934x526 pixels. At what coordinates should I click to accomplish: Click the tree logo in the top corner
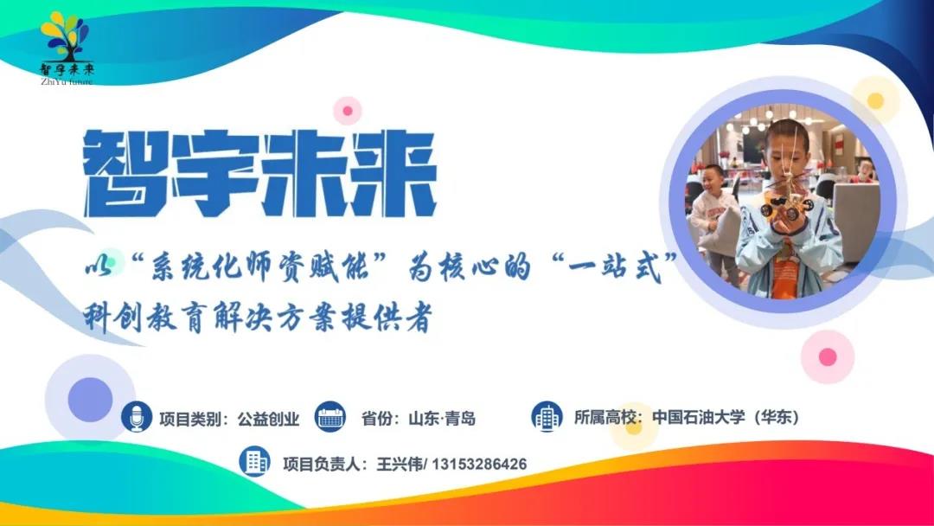pos(66,35)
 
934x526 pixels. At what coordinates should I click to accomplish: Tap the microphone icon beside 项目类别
pos(136,417)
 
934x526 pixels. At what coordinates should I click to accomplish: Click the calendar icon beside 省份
pos(330,417)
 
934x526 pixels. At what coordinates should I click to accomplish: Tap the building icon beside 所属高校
pos(547,417)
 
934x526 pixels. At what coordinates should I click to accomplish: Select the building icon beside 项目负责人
pos(255,462)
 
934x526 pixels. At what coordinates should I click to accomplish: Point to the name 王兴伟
pos(398,465)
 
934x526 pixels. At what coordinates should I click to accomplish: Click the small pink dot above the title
pos(348,111)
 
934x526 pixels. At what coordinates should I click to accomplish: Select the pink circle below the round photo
pos(828,356)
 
